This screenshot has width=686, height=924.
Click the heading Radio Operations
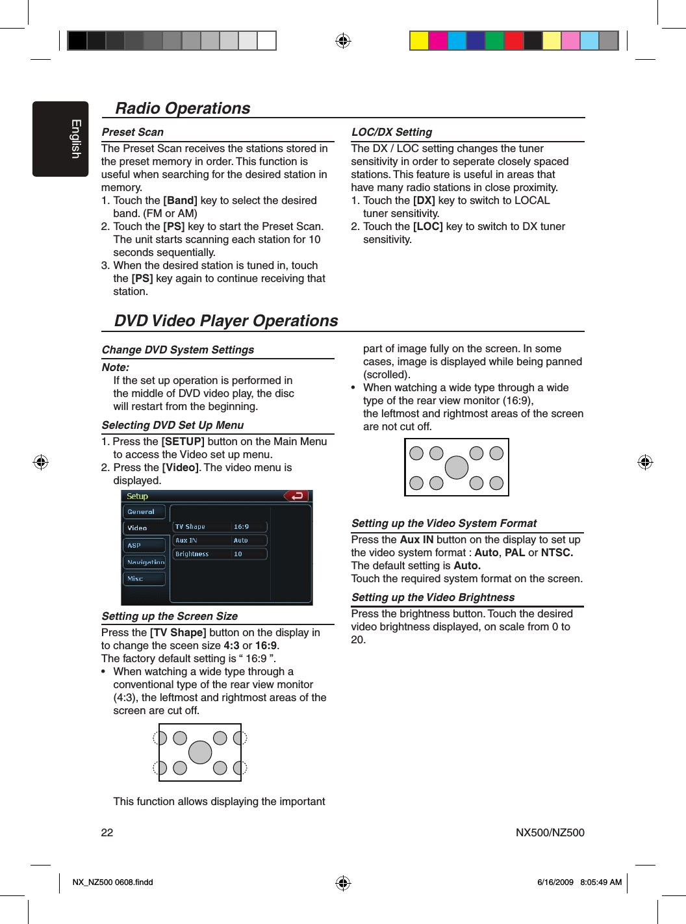pyautogui.click(x=183, y=109)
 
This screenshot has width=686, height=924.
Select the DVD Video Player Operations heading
pyautogui.click(x=226, y=321)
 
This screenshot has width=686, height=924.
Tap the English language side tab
pyautogui.click(x=60, y=139)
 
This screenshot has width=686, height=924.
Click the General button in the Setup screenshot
pyautogui.click(x=144, y=512)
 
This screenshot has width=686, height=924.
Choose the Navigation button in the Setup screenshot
pyautogui.click(x=144, y=562)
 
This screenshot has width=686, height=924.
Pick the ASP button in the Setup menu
pyautogui.click(x=144, y=545)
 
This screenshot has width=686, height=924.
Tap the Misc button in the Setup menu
pyautogui.click(x=144, y=578)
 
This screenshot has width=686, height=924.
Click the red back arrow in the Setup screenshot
pyautogui.click(x=297, y=496)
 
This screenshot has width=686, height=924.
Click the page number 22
pyautogui.click(x=107, y=832)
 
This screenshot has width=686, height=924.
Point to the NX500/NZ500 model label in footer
pyautogui.click(x=550, y=832)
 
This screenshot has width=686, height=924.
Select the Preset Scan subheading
pyautogui.click(x=133, y=133)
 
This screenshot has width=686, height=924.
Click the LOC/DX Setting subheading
pyautogui.click(x=392, y=133)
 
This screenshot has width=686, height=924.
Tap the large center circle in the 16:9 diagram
pyautogui.click(x=457, y=467)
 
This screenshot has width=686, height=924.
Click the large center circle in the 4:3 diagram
pyautogui.click(x=200, y=752)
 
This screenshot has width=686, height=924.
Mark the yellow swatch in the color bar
pyautogui.click(x=419, y=40)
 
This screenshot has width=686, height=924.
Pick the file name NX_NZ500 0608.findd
pyautogui.click(x=113, y=882)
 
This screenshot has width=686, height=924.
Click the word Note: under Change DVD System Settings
pyautogui.click(x=116, y=368)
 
